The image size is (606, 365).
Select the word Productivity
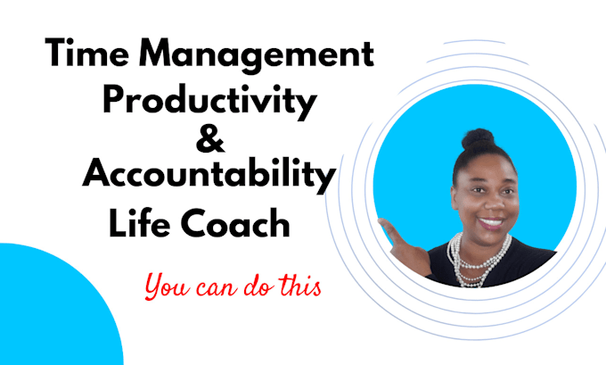(x=210, y=100)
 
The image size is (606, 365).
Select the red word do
(x=267, y=288)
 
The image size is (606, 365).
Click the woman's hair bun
(x=478, y=140)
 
